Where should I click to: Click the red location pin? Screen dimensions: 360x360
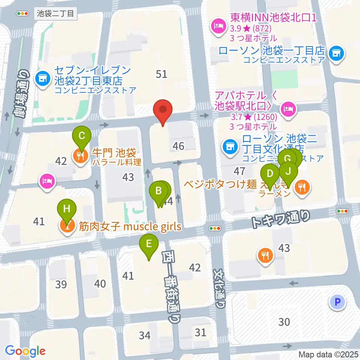pos(163,110)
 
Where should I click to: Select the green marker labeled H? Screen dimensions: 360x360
pos(67,209)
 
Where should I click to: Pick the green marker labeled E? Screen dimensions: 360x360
pos(149,244)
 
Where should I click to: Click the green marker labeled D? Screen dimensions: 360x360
pos(270,174)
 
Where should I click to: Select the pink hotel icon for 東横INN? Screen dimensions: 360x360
pos(217,25)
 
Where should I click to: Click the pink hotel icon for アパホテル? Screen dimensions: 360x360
pos(288,108)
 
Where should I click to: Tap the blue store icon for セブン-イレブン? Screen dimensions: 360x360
pos(42,78)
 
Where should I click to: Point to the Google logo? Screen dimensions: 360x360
pos(25,351)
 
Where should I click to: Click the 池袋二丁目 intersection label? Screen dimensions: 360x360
pos(56,14)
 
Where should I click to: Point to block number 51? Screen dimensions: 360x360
pos(161,74)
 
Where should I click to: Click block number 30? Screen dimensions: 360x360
pos(284,321)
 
